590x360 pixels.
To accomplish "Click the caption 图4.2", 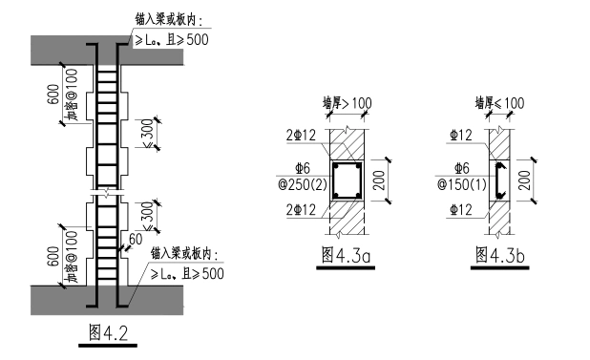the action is (109, 332).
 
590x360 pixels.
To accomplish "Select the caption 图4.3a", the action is (346, 255).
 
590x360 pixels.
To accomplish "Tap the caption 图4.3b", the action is (499, 255).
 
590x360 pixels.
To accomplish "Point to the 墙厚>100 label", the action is (347, 103).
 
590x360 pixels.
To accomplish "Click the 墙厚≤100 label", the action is (499, 103).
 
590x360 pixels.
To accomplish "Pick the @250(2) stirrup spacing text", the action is (303, 184).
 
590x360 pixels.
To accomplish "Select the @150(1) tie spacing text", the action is (462, 184).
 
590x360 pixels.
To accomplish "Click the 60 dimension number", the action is (136, 239).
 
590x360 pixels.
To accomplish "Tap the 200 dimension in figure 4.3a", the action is (380, 180).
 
